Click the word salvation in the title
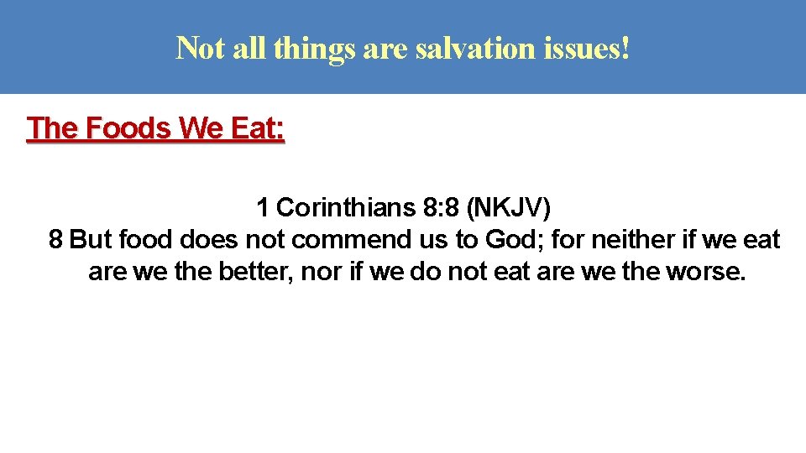tap(461, 49)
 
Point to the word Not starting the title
tap(200, 49)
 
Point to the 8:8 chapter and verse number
tap(442, 206)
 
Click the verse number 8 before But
tap(55, 240)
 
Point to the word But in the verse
tap(92, 240)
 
